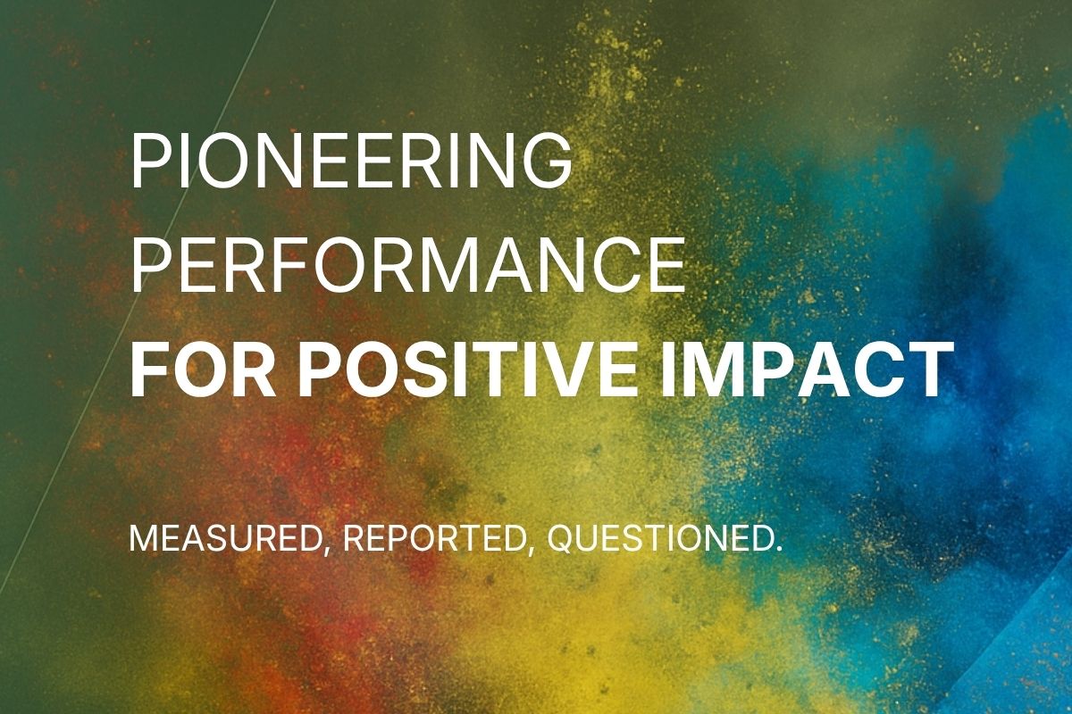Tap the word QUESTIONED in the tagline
660,539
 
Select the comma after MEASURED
326,551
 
